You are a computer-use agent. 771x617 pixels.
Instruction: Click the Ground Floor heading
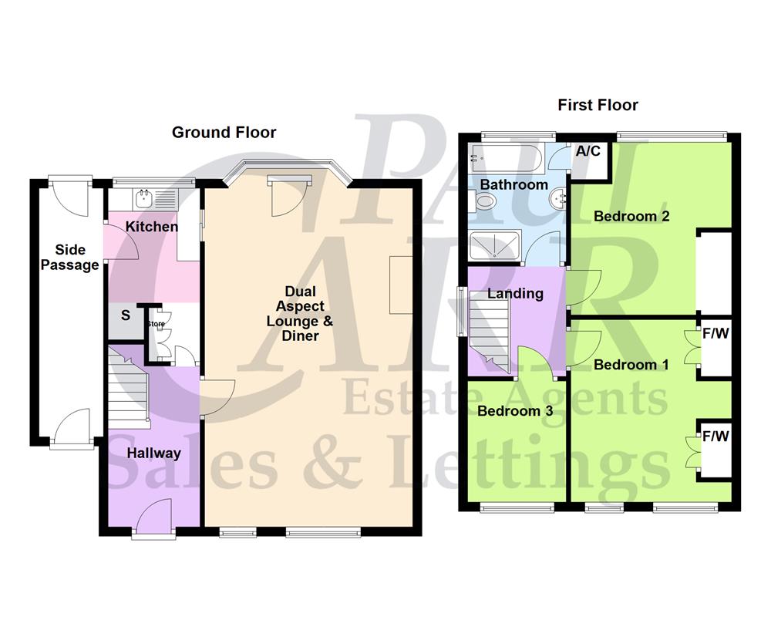(x=224, y=133)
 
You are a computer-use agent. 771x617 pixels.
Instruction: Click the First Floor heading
(x=598, y=105)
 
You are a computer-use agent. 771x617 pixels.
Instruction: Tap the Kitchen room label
(x=152, y=227)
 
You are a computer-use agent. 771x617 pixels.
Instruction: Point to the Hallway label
(x=154, y=453)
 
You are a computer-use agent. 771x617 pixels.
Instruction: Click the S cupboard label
(x=126, y=315)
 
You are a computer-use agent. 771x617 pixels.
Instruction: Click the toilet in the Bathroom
(x=485, y=203)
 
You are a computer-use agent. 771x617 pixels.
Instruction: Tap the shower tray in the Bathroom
(x=493, y=245)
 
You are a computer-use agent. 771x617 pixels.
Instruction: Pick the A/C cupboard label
(x=588, y=151)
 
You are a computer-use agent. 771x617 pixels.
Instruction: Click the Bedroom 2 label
(x=631, y=216)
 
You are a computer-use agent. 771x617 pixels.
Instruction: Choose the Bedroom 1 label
(x=631, y=364)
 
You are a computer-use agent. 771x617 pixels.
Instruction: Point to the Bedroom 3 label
(x=515, y=411)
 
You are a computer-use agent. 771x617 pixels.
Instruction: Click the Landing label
(x=515, y=293)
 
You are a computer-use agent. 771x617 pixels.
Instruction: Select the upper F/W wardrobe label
(x=715, y=335)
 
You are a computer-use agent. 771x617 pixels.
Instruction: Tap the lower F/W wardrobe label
(x=715, y=437)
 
